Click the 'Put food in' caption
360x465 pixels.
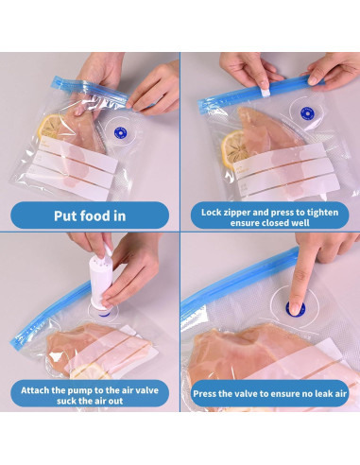90,216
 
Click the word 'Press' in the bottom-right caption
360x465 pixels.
204,394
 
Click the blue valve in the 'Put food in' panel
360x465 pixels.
120,133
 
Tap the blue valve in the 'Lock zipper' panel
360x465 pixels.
307,113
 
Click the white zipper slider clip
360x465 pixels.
266,92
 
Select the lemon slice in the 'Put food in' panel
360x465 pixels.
50,127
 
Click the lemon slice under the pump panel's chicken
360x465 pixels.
91,371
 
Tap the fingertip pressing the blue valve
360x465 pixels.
295,308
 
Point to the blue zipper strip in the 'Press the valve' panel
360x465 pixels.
239,277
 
